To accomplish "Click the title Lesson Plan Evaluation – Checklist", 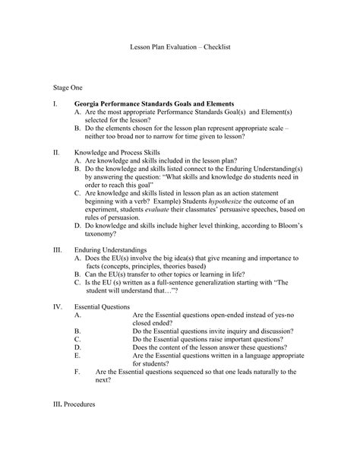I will [x=180, y=47].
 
